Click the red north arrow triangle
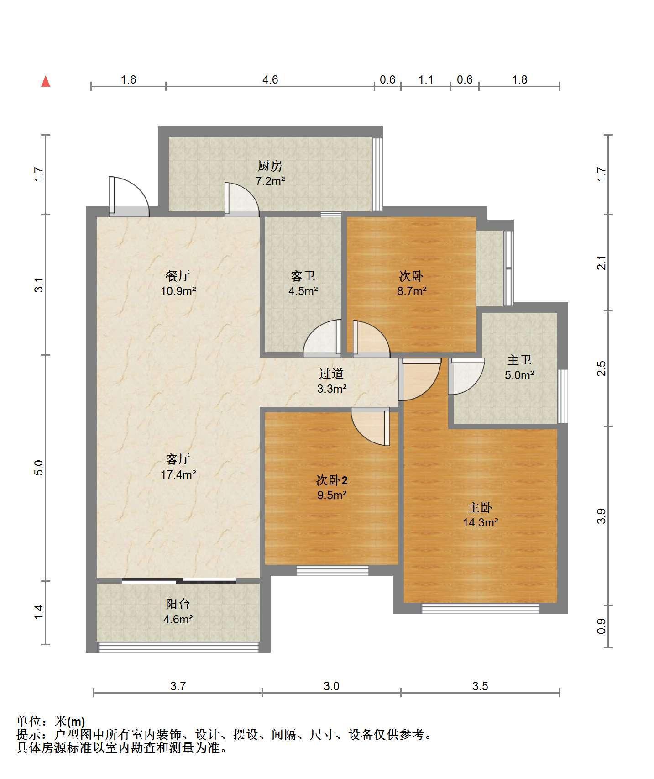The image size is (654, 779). point(46,81)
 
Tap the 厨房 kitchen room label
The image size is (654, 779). point(270,166)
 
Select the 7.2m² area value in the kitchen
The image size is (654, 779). point(270,181)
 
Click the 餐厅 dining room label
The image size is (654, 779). point(178,276)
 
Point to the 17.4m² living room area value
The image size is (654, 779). point(178,474)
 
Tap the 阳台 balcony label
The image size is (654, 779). point(178,604)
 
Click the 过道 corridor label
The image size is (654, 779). point(331,374)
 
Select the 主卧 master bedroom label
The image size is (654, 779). point(480,507)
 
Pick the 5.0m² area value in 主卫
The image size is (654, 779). point(519,375)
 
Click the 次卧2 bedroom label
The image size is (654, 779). point(332,480)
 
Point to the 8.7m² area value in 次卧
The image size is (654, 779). point(412,291)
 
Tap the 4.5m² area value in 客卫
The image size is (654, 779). point(303,291)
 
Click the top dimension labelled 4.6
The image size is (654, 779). point(270,79)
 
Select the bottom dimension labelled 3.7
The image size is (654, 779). point(178,686)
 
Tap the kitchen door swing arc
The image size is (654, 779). point(242,199)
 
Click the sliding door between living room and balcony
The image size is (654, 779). point(179,581)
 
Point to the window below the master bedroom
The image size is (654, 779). point(480,608)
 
